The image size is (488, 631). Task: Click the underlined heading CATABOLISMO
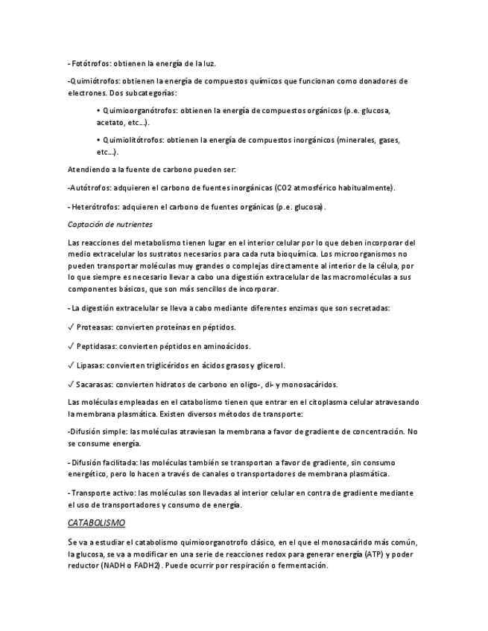96,523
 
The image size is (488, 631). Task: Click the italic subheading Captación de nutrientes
110,224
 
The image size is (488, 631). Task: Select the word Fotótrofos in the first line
92,64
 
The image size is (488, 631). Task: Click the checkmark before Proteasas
70,327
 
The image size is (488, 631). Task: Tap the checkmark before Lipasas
70,365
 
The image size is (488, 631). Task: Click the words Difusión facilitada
104,463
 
